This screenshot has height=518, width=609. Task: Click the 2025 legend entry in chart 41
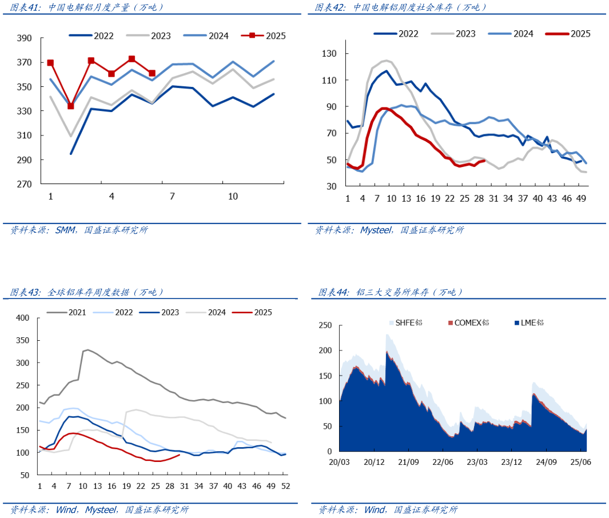coord(275,35)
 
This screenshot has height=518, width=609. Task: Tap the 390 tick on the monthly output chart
coord(24,38)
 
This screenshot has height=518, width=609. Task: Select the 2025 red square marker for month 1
coord(50,63)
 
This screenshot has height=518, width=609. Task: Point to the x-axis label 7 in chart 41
coord(172,196)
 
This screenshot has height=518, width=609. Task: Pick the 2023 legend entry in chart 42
coord(465,34)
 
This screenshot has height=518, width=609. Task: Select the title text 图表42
coord(333,7)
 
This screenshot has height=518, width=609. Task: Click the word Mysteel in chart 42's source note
coord(377,230)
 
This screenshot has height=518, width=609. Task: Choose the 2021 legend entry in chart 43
coord(77,312)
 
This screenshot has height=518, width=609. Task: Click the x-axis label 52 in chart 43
coord(285,486)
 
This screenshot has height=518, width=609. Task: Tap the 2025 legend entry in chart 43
coord(263,312)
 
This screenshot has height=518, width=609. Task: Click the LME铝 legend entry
coord(532,322)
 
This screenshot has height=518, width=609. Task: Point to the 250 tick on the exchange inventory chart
coord(325,325)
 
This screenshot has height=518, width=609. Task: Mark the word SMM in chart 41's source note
coord(66,230)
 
